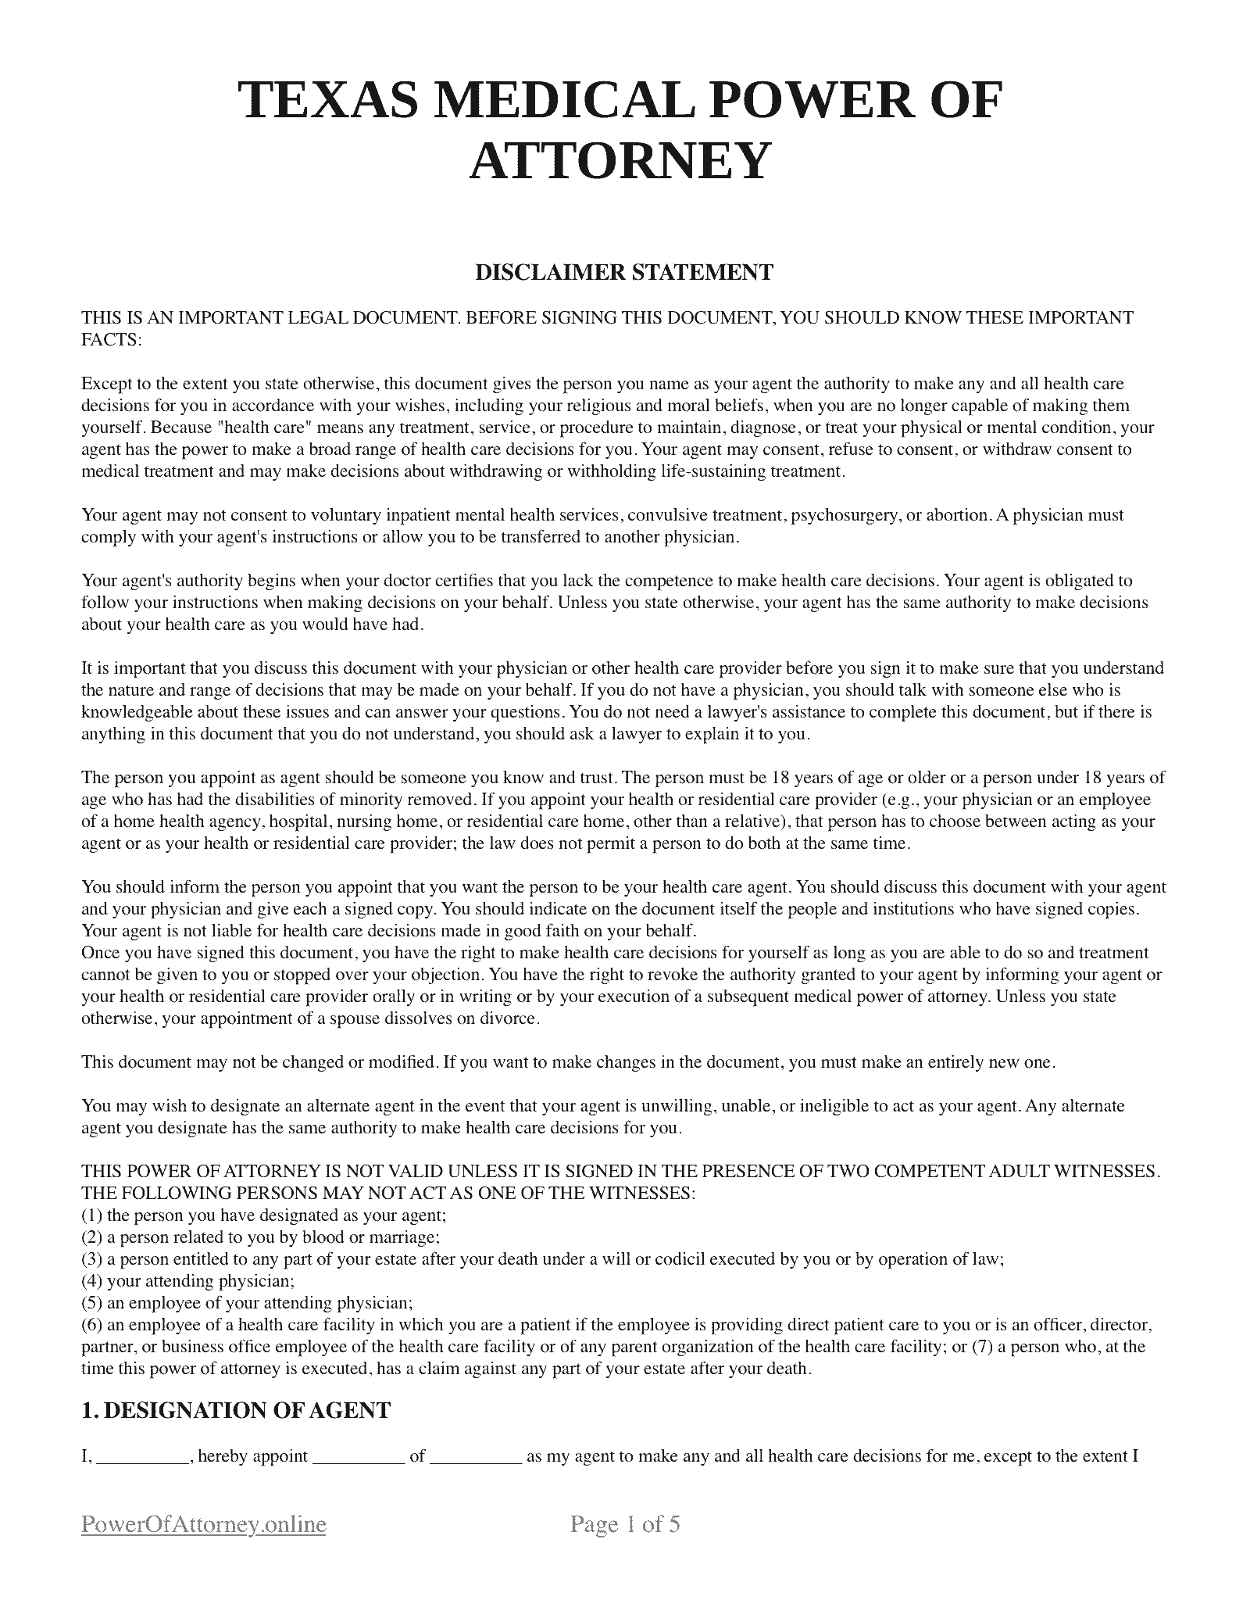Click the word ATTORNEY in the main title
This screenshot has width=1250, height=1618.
[620, 160]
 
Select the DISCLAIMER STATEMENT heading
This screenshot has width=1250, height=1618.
[624, 273]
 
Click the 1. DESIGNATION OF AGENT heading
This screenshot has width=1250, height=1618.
[236, 1411]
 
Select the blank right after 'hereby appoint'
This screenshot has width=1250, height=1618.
[358, 1457]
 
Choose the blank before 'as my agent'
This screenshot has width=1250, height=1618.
[476, 1457]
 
